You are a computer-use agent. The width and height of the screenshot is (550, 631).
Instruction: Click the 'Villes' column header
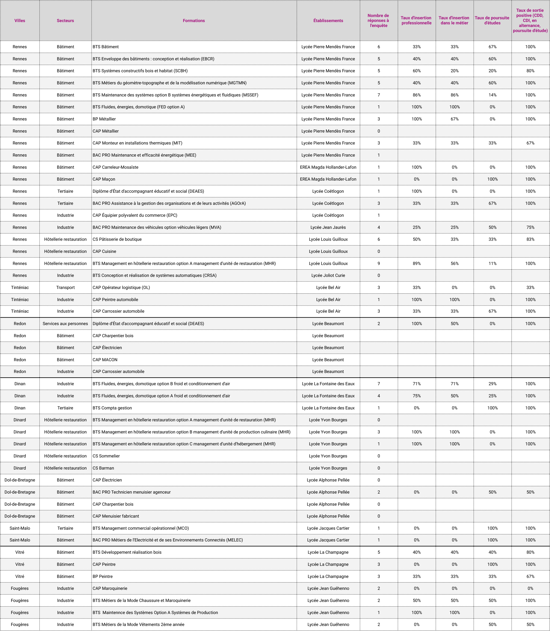(20, 21)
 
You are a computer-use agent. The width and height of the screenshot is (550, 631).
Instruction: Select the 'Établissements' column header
(328, 21)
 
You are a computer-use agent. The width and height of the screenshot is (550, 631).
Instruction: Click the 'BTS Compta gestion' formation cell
(112, 408)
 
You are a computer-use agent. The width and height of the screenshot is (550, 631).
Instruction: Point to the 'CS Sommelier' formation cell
(106, 456)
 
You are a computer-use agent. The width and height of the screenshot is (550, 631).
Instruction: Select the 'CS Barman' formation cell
(103, 468)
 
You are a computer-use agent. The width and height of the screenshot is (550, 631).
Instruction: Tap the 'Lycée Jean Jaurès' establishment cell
(328, 227)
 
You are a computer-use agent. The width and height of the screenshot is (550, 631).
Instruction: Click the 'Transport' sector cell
(65, 288)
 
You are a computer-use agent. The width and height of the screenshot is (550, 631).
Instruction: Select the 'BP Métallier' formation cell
(104, 119)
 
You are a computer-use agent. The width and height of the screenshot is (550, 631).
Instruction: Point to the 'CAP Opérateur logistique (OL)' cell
(121, 288)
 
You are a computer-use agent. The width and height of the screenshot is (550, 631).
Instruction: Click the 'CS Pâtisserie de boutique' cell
(117, 239)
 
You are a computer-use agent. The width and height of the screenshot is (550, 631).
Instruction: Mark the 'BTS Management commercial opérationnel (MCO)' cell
(141, 528)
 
